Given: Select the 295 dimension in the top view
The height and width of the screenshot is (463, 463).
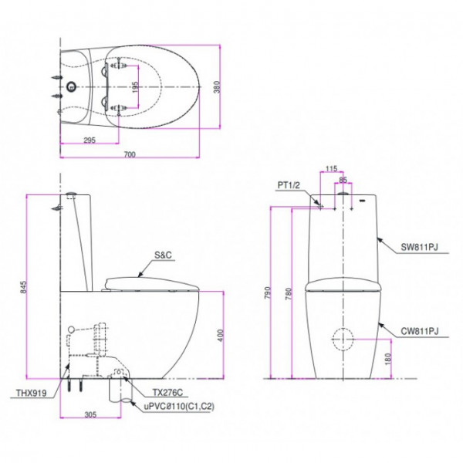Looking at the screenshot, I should pyautogui.click(x=90, y=140).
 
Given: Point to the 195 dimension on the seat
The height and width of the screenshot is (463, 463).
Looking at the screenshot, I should pyautogui.click(x=135, y=87).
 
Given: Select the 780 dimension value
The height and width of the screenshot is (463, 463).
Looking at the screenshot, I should pyautogui.click(x=287, y=294).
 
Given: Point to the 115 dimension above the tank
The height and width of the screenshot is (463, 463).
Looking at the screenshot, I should pyautogui.click(x=331, y=169).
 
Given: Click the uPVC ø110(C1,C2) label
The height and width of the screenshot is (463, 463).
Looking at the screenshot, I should pyautogui.click(x=171, y=406).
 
